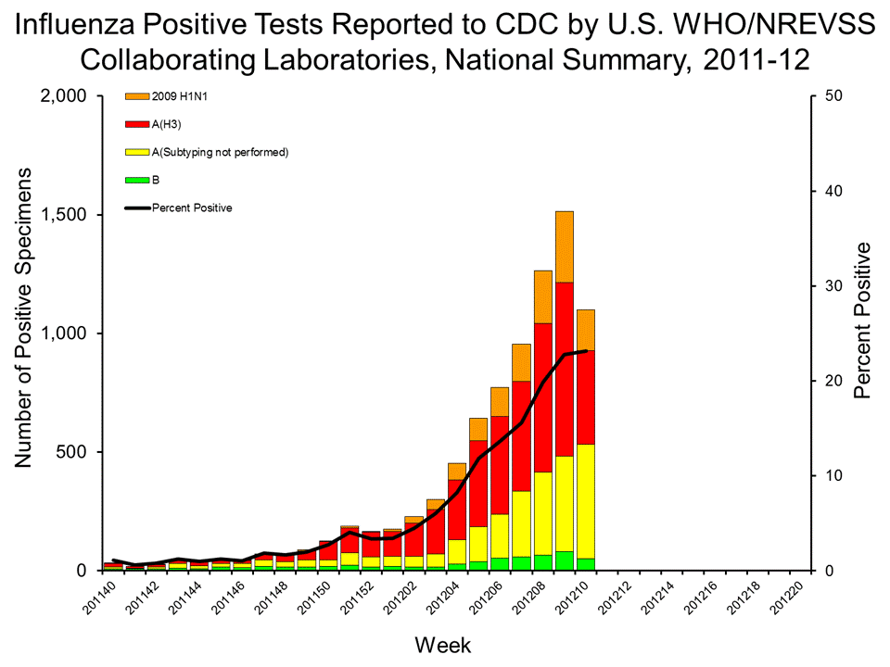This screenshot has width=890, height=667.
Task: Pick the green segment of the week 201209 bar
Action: point(565,560)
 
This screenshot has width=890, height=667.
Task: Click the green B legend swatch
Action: point(136,180)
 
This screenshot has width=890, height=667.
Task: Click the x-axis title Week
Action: point(443,643)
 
